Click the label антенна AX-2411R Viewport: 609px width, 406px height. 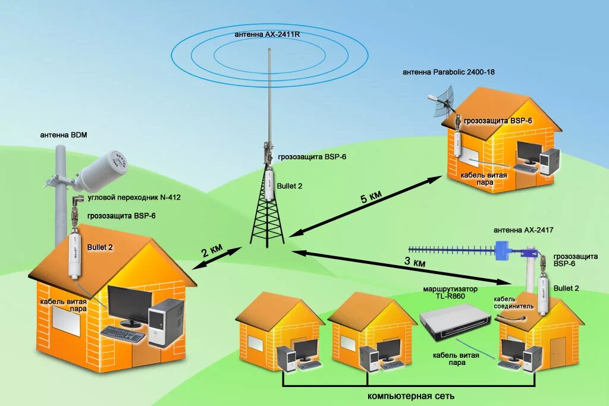[268, 35]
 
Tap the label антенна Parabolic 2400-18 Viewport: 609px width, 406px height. [448, 72]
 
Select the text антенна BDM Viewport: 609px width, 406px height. [64, 135]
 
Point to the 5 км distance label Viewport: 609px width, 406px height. [371, 198]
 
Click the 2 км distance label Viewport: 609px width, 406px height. [212, 250]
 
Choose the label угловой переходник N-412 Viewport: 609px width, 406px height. [134, 197]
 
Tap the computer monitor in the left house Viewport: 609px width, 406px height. [130, 306]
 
